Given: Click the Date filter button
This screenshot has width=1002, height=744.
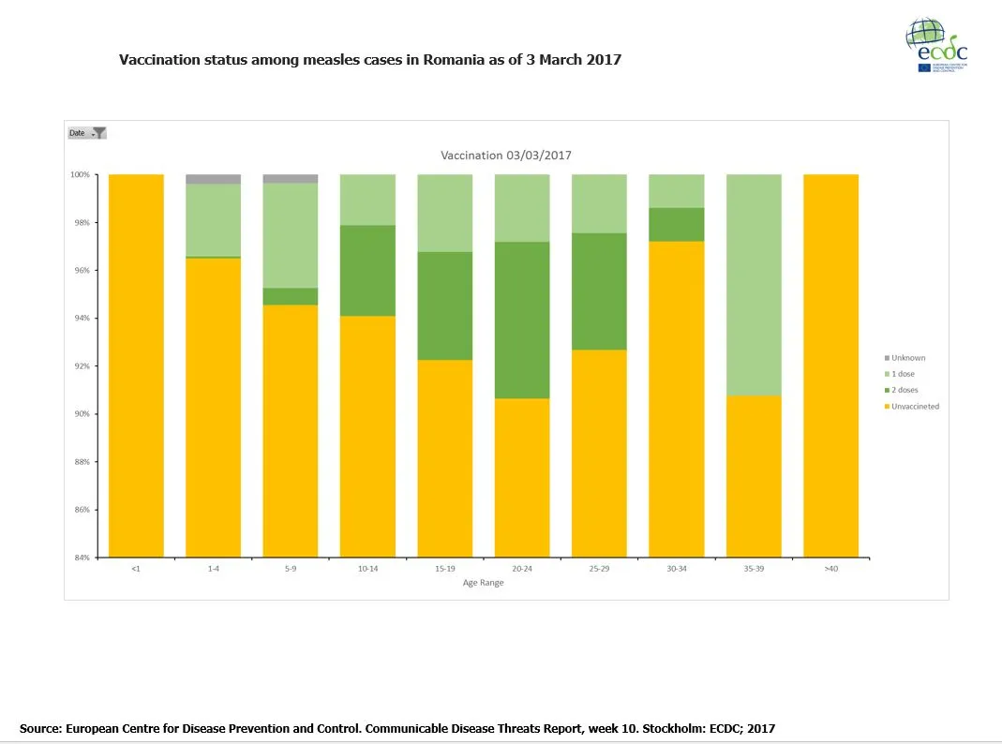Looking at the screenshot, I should pos(87,133).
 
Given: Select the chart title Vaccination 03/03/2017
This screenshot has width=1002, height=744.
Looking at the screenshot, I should pos(506,156).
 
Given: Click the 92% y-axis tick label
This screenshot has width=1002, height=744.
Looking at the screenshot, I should pos(82,366).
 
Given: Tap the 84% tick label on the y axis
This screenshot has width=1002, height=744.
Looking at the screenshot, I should pos(82,558).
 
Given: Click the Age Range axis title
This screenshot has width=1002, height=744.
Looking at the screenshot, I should pos(483,583).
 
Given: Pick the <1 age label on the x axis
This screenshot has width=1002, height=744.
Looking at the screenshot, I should pos(136,569).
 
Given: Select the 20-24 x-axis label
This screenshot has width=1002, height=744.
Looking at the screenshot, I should pos(522,569).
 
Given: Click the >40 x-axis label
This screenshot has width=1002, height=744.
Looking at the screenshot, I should pos(830,569).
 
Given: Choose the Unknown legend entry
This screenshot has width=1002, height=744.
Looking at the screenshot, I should pos(907,358).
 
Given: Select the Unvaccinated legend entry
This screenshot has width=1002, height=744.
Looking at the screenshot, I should pos(915,407).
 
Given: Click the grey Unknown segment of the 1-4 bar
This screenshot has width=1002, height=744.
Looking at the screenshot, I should pos(213,179).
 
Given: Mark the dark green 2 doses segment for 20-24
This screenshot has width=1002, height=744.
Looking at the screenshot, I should pos(522,320).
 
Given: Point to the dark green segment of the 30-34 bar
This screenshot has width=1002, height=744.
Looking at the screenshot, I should pos(677,224).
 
